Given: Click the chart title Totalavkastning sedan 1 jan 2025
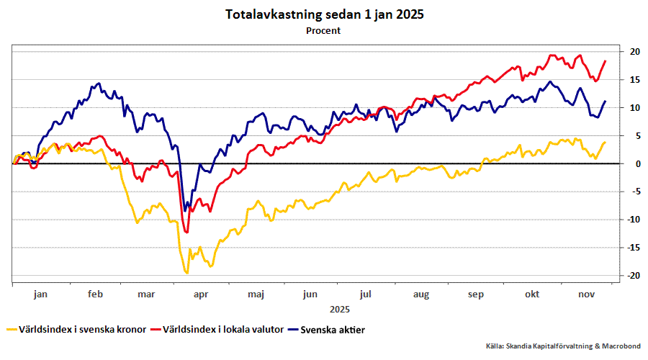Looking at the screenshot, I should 323,14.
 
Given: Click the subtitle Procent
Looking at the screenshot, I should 323,31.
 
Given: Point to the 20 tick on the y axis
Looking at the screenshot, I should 635,52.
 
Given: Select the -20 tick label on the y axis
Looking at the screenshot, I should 634,276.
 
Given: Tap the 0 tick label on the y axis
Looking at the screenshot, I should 634,164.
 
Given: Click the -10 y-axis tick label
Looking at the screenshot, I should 634,220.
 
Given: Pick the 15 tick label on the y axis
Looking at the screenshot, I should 635,80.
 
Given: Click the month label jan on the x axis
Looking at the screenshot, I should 40,294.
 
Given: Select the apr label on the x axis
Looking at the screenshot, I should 200,294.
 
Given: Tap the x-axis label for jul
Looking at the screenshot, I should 365,294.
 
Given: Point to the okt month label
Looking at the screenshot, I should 532,294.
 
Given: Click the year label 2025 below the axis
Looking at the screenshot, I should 339,309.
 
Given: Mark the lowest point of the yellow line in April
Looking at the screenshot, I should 187,273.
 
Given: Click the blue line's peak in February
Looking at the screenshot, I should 99,84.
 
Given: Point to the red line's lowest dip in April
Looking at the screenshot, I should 186,232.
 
